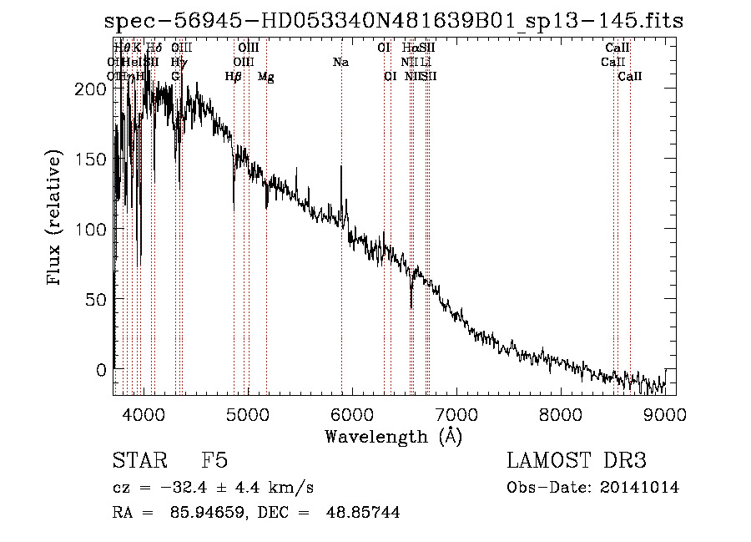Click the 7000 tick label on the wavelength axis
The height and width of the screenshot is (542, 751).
point(456,413)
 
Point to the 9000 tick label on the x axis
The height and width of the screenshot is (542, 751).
point(665,413)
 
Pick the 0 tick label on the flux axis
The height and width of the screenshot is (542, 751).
point(100,369)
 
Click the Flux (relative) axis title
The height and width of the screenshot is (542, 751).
point(56,219)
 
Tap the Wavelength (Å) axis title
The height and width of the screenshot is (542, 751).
point(393,436)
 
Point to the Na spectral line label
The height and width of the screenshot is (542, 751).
point(340,62)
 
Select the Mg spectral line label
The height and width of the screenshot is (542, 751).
point(266,77)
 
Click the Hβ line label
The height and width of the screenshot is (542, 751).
point(234,77)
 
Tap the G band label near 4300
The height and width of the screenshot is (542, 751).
point(175,76)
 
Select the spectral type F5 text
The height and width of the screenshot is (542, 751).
point(214,461)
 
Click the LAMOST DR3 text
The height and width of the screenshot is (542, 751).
point(577,461)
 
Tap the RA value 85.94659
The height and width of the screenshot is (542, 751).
point(195,513)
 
